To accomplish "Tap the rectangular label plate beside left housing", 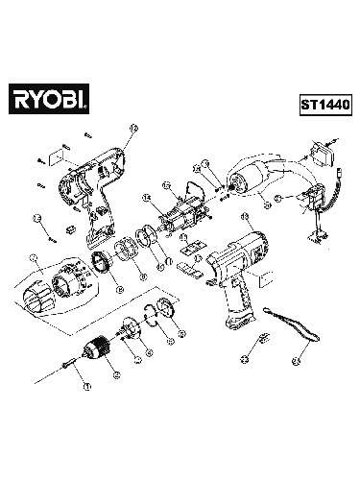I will click(54, 155).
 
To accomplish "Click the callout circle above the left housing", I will click(133, 126).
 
